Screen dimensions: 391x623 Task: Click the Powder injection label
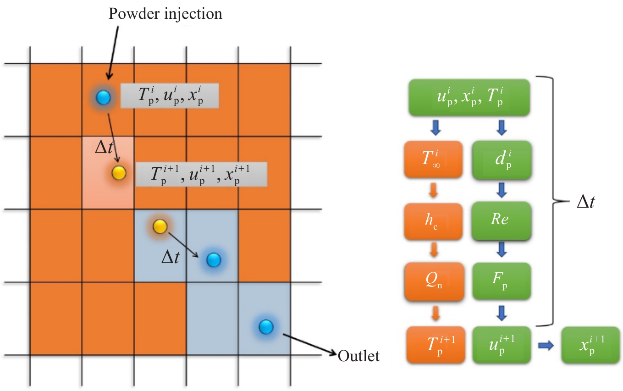[x=165, y=14]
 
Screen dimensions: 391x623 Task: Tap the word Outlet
[x=358, y=356]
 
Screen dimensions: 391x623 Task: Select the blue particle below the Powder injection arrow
[x=104, y=97]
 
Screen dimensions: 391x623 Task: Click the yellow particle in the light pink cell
[x=118, y=172]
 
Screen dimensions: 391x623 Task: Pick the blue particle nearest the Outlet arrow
[x=266, y=326]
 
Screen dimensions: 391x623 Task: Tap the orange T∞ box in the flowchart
[x=433, y=160]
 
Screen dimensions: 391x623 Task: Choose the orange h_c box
[x=433, y=220]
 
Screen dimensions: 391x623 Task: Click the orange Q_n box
[x=433, y=281]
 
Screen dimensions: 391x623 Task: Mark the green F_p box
[x=502, y=281]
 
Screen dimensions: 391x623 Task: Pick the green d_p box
[x=502, y=160]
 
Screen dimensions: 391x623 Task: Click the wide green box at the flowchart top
[x=469, y=98]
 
